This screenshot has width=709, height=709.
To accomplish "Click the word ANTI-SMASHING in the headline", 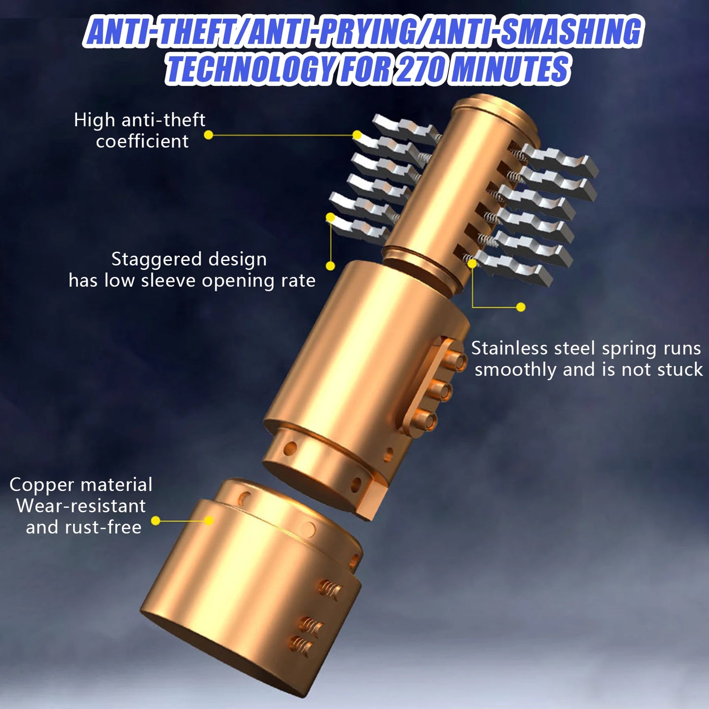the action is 535,32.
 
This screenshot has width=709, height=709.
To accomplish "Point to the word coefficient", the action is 142,141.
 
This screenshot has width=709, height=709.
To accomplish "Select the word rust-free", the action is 104,527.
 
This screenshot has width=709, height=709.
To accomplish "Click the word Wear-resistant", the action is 81,506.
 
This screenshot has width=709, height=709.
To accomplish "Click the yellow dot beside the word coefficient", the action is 209,135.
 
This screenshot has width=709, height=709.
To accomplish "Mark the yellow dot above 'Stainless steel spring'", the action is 521,307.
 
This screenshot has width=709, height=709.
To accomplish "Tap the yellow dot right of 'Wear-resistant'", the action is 156,521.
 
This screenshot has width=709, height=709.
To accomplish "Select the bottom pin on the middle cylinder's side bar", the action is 425,420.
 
